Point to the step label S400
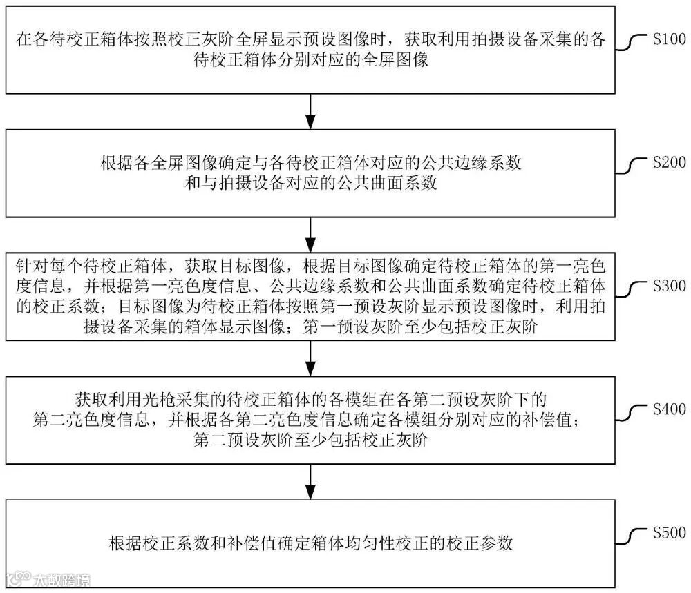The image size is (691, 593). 669,409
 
